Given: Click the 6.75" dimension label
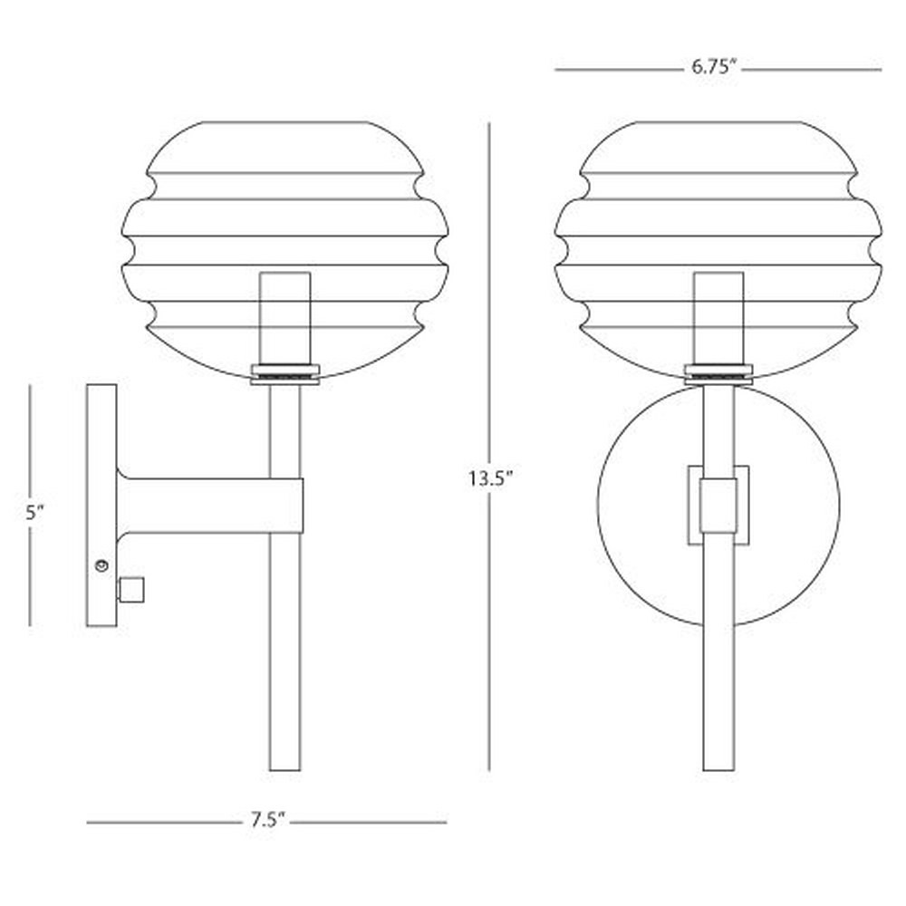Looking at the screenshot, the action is [x=715, y=68].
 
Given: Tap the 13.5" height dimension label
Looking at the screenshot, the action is [x=490, y=479].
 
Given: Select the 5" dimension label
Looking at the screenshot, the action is [x=34, y=513].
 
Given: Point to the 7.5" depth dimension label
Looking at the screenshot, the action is [x=267, y=821].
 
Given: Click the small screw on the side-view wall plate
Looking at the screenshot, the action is [x=101, y=565].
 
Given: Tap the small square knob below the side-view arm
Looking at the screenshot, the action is [x=130, y=590].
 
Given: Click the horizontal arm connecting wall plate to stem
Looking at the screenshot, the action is [x=210, y=506].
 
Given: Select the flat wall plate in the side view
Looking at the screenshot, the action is [x=101, y=505].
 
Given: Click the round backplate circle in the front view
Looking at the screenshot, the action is [x=598, y=505].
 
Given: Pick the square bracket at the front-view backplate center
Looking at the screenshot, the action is [x=718, y=506].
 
